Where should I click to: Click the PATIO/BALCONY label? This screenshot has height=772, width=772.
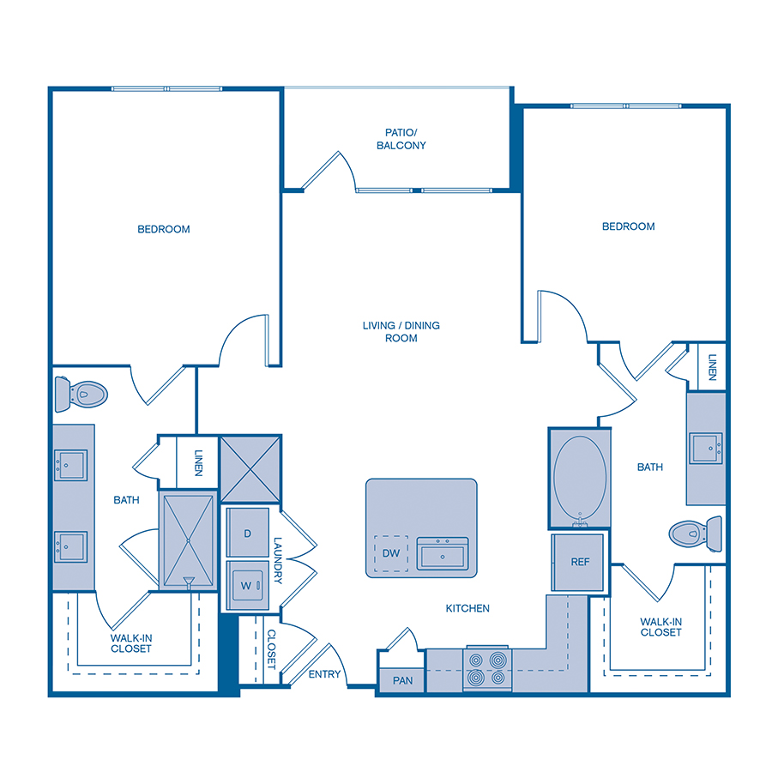pyautogui.click(x=401, y=139)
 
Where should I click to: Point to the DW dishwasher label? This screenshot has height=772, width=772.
pyautogui.click(x=391, y=553)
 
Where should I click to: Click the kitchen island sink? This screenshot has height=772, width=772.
pyautogui.click(x=443, y=553)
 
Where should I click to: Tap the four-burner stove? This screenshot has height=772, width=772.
pyautogui.click(x=486, y=669)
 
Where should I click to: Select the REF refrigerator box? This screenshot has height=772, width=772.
pyautogui.click(x=581, y=562)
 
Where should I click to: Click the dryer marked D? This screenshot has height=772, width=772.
pyautogui.click(x=247, y=534)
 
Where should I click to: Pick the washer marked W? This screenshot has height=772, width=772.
pyautogui.click(x=247, y=586)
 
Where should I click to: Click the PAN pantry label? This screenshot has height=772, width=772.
pyautogui.click(x=402, y=680)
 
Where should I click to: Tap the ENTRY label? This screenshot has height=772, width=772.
pyautogui.click(x=324, y=674)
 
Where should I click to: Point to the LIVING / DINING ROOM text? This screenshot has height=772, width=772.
pyautogui.click(x=401, y=332)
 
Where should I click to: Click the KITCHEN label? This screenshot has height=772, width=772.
pyautogui.click(x=467, y=608)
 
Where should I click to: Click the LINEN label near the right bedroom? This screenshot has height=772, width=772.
pyautogui.click(x=713, y=368)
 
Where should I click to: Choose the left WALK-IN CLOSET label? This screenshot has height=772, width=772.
pyautogui.click(x=130, y=643)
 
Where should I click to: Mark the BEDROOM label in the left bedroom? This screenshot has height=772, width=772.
pyautogui.click(x=164, y=229)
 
